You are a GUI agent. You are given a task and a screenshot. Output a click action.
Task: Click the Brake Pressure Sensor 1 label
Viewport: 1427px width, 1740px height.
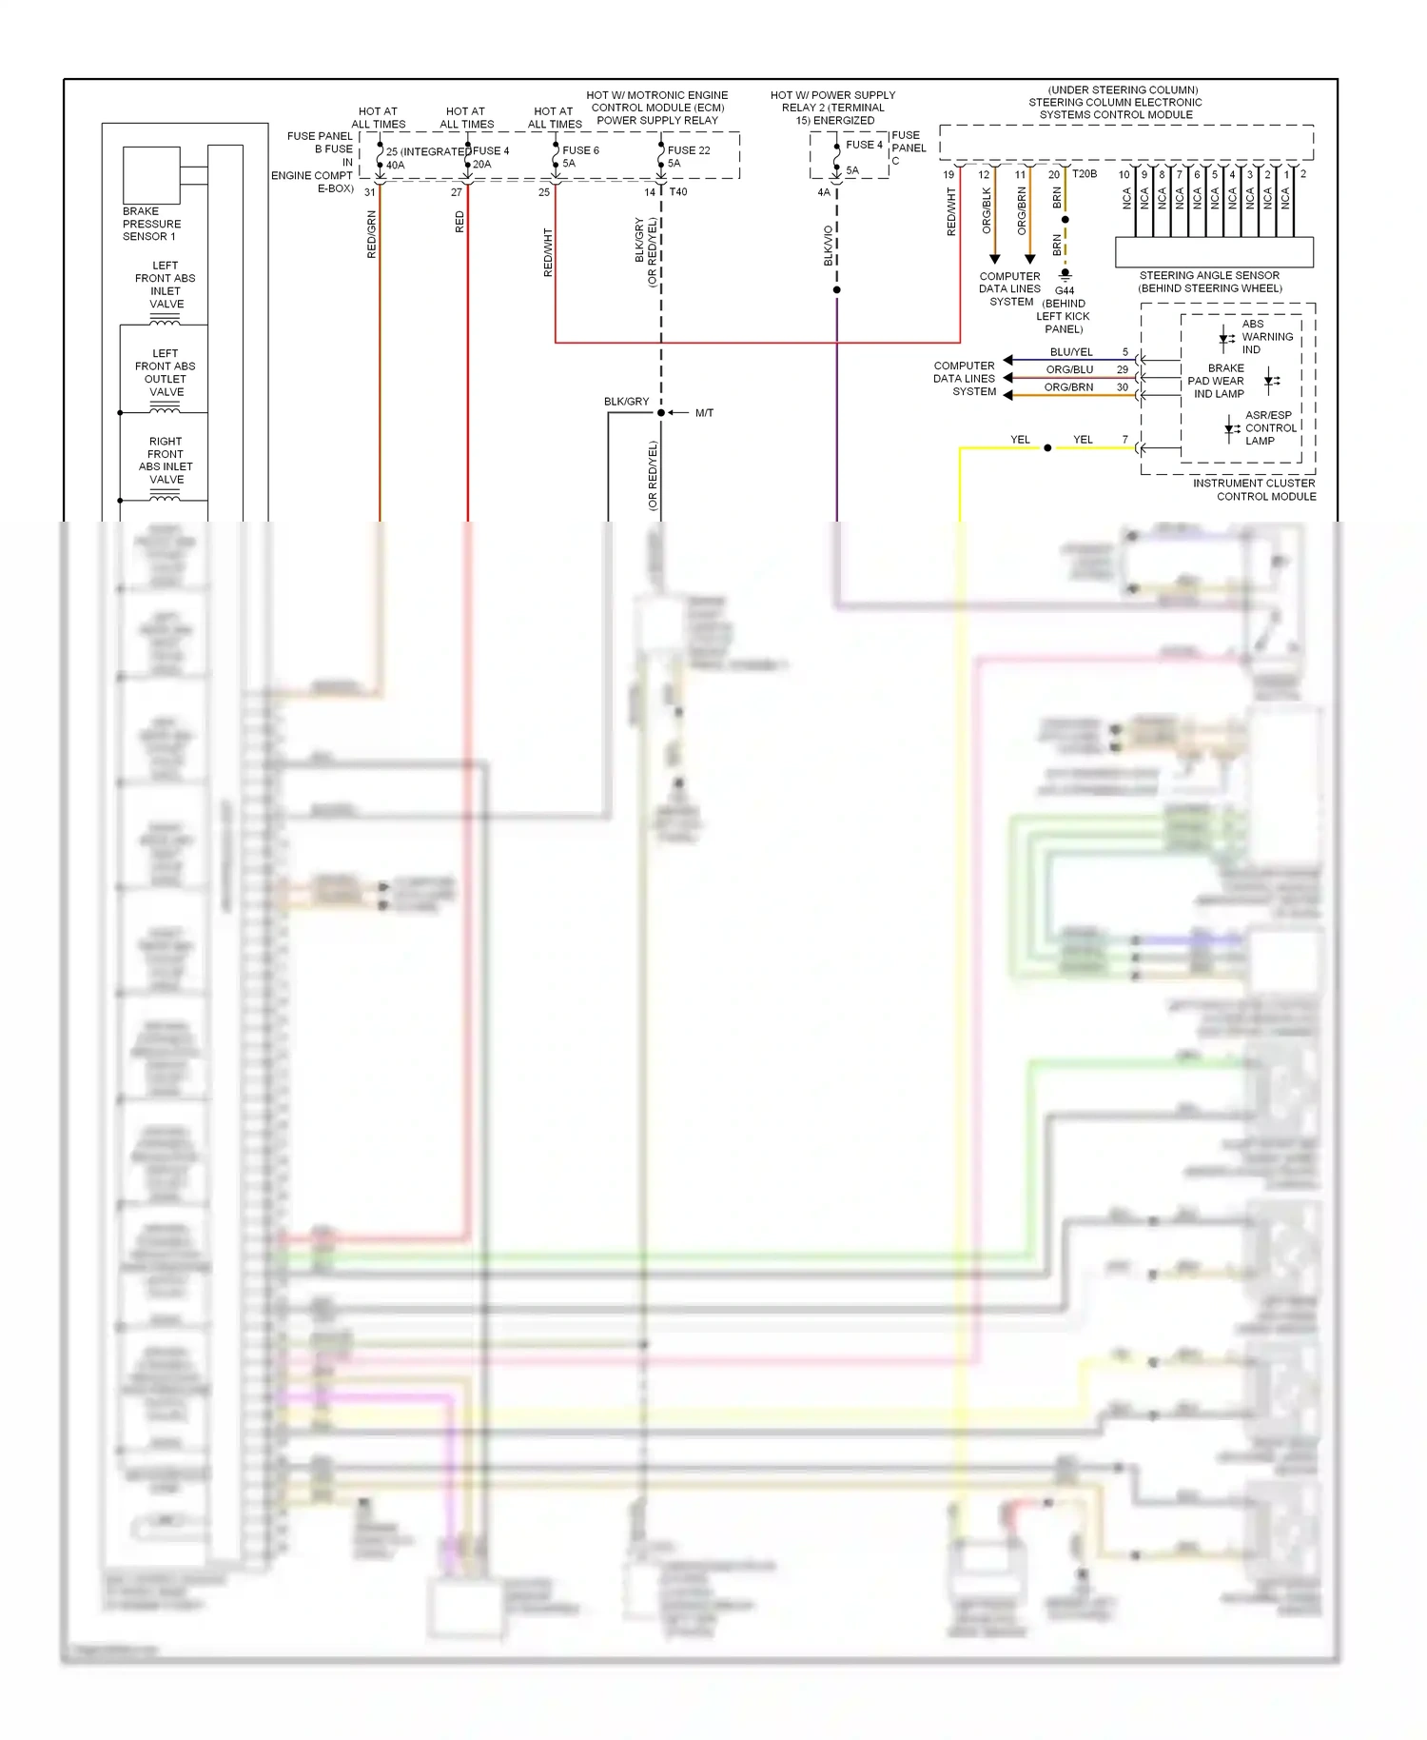(x=151, y=224)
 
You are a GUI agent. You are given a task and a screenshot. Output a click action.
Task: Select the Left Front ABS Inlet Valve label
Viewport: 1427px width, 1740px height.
(x=166, y=285)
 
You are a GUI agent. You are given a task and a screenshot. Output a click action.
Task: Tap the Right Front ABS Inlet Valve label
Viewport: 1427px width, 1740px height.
(x=166, y=461)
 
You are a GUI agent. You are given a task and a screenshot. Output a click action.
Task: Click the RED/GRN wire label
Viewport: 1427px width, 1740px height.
(x=372, y=234)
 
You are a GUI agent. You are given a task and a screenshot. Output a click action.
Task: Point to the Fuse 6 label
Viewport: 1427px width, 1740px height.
(x=580, y=150)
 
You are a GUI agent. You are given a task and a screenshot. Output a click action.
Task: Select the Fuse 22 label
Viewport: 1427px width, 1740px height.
(x=689, y=150)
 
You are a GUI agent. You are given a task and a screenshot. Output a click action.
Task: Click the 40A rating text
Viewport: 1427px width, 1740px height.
(x=395, y=166)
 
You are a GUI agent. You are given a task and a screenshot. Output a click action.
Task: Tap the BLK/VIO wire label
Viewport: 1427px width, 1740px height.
(x=829, y=246)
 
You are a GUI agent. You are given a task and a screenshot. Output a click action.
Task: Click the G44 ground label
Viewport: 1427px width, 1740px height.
(x=1065, y=290)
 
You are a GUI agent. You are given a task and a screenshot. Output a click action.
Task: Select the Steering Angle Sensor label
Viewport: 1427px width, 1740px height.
(x=1209, y=282)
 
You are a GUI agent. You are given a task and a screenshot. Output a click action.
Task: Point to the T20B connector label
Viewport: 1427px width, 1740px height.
(x=1085, y=174)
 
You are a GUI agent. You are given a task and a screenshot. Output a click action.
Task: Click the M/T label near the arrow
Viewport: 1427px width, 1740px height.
(x=704, y=413)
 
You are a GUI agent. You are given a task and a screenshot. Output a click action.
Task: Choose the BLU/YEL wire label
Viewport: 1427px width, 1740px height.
(x=1071, y=352)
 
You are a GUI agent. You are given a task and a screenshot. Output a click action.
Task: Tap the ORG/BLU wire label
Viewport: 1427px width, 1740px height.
(x=1069, y=369)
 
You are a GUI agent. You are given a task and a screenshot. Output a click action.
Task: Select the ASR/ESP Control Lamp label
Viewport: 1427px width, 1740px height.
(x=1270, y=428)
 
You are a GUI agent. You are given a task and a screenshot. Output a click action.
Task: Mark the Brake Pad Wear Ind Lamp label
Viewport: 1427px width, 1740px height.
(x=1219, y=381)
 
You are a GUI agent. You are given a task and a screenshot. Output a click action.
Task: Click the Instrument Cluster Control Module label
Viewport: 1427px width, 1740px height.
(x=1255, y=490)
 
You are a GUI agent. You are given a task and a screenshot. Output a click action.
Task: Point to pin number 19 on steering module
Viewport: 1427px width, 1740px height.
(x=948, y=175)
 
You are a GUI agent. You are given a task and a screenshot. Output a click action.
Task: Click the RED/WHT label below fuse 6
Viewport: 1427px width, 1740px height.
(x=548, y=252)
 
